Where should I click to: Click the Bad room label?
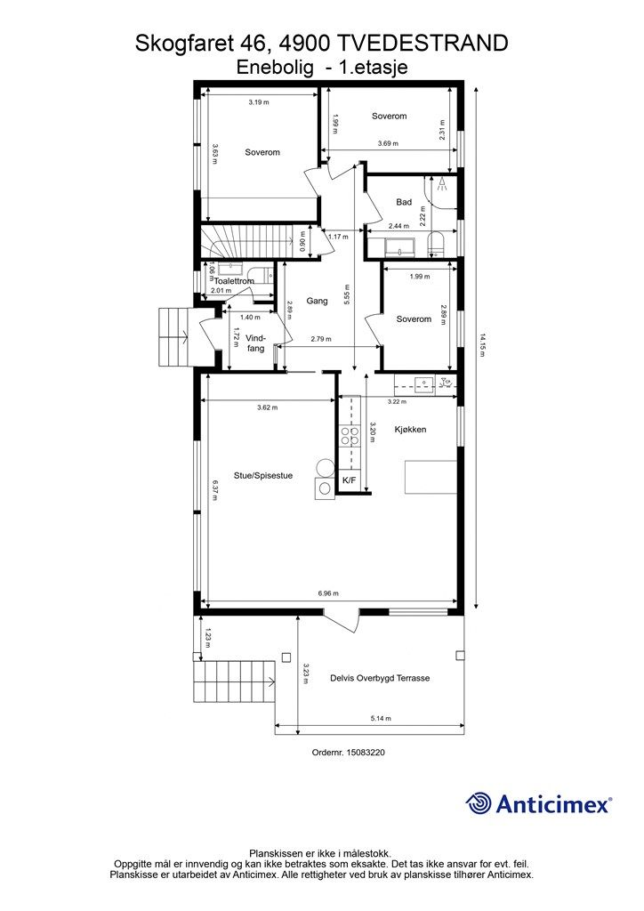(404, 202)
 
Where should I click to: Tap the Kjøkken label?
(411, 430)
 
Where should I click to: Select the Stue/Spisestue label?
(263, 475)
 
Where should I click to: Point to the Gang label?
(317, 301)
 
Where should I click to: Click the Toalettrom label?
(234, 281)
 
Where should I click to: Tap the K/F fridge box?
(349, 480)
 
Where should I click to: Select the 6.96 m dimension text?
(328, 593)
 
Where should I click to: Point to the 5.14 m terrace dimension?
(381, 718)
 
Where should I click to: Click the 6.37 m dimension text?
(215, 491)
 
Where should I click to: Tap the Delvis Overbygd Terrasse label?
(380, 678)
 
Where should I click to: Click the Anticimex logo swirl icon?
(479, 803)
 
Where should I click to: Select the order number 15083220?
(366, 753)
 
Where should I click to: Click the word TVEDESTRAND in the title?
(423, 44)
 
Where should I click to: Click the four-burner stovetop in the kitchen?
(350, 436)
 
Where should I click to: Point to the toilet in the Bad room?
(435, 245)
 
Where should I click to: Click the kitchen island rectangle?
(431, 477)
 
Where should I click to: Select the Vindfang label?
(255, 343)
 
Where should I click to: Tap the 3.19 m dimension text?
(259, 102)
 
